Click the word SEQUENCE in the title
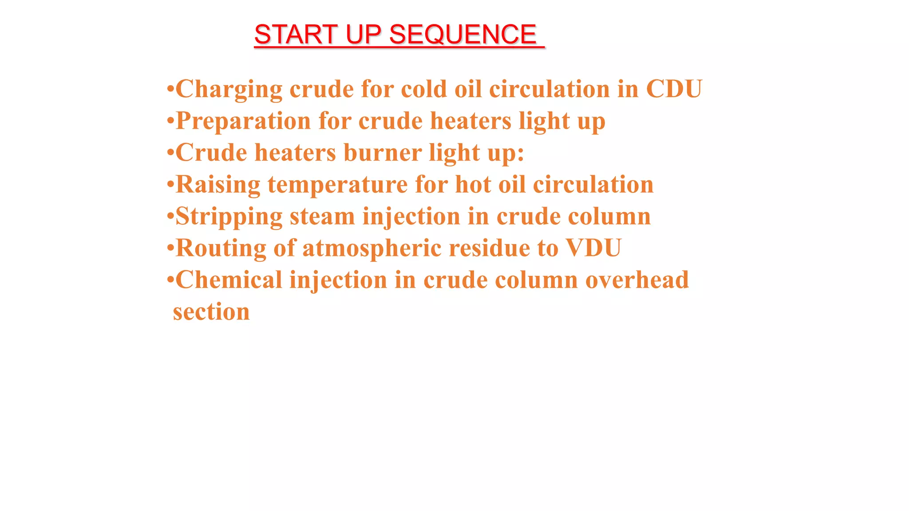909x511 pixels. [x=463, y=35]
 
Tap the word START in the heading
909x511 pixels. [x=296, y=35]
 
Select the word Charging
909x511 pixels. [x=229, y=89]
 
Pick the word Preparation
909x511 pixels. [x=243, y=121]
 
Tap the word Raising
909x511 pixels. [x=218, y=185]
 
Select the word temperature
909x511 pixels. [x=337, y=185]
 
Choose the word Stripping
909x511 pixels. [x=229, y=216]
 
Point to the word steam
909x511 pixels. [x=322, y=216]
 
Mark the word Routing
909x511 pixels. [x=221, y=248]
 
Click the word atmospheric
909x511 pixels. [x=372, y=248]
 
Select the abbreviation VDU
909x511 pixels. [x=593, y=248]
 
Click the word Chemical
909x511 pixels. [x=229, y=280]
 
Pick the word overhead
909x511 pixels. [x=637, y=280]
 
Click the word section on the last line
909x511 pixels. [x=211, y=312]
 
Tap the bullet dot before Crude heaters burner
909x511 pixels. [x=170, y=153]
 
